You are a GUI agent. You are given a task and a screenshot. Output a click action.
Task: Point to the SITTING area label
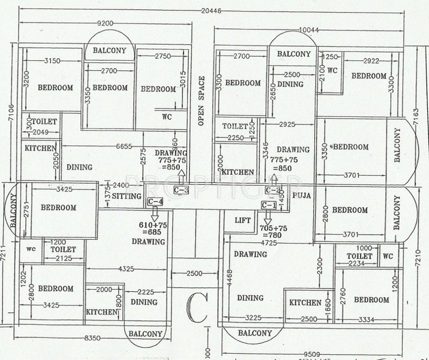[x=127, y=196]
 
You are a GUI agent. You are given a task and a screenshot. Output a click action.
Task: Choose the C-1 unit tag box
[x=269, y=205]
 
